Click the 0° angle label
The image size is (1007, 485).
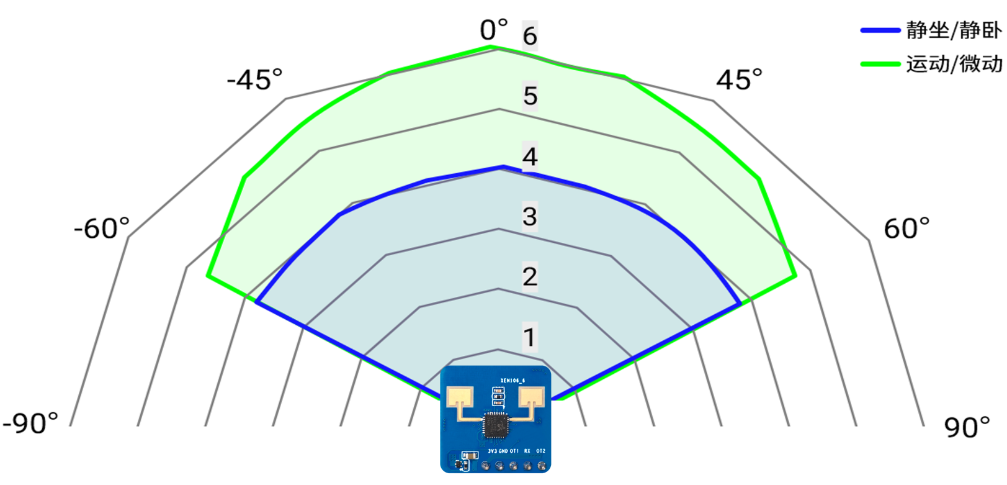(494, 30)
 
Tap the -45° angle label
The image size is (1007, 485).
(254, 80)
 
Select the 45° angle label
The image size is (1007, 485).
(739, 80)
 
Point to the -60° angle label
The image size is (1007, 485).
(102, 229)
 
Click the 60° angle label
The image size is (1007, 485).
(906, 229)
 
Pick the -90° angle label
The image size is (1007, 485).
(30, 424)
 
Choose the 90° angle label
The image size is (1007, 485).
(967, 427)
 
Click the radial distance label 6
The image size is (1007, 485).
(529, 35)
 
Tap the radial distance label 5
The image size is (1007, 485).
(530, 96)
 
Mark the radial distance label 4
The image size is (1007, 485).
(529, 156)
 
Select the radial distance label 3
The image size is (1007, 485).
(529, 217)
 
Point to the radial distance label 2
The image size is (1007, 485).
(529, 277)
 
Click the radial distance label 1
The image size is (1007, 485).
(529, 337)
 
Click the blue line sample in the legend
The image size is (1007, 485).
(880, 30)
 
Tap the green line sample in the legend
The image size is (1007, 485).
(880, 64)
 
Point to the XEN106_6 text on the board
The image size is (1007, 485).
(512, 381)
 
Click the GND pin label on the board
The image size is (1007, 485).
(503, 451)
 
